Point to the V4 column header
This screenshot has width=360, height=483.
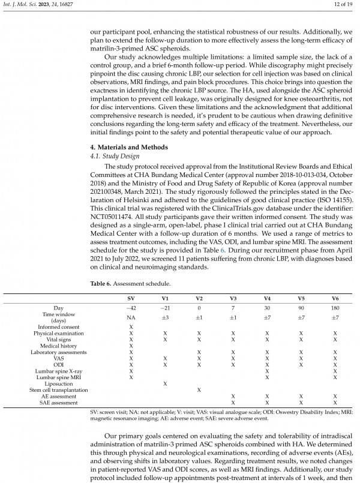coord(266,298)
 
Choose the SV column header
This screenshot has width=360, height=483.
coord(131,298)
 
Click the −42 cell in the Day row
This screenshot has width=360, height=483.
coord(131,307)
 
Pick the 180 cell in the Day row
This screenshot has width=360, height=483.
coord(335,307)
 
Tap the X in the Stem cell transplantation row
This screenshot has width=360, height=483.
coord(199,390)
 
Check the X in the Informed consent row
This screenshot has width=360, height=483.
coord(131,326)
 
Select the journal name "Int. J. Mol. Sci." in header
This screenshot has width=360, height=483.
coord(17,6)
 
